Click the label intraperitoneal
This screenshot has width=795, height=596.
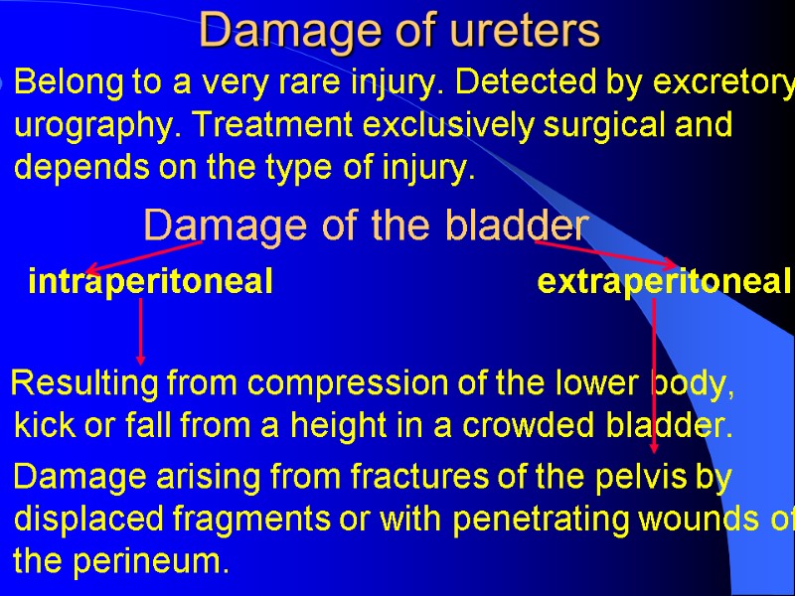click(150, 283)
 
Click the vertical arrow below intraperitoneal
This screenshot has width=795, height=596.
click(141, 331)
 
